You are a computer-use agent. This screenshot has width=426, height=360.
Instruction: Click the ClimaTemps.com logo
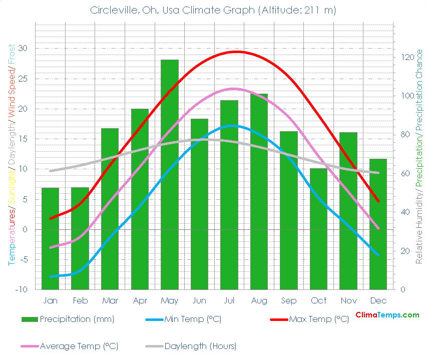click(387, 315)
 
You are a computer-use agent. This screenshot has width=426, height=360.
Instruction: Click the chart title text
click(213, 10)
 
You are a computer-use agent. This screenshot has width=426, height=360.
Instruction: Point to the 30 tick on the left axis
click(24, 49)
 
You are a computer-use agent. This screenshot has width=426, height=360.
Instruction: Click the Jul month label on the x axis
click(229, 300)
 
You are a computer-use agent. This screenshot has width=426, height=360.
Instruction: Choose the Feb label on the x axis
click(80, 300)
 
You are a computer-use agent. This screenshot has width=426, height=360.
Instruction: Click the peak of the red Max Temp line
click(236, 52)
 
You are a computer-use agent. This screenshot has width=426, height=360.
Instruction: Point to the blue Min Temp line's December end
click(378, 255)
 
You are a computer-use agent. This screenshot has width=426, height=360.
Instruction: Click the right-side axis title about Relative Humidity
click(418, 155)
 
